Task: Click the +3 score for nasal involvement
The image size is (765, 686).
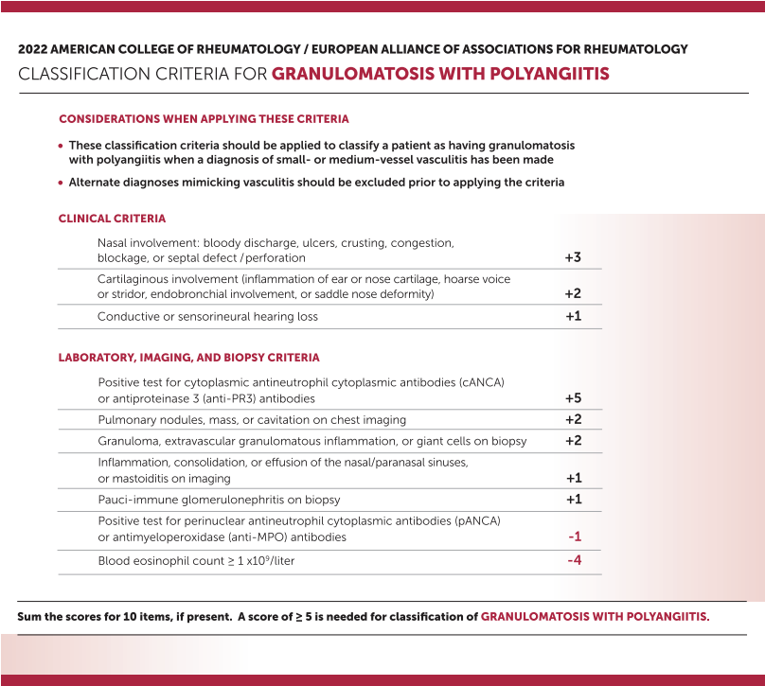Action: click(x=573, y=257)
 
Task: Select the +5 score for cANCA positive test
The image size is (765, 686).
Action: click(x=573, y=398)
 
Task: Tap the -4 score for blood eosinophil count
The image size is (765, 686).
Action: click(x=574, y=560)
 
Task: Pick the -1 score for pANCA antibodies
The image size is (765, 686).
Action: click(x=575, y=536)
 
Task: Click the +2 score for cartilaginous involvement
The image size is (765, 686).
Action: click(x=573, y=293)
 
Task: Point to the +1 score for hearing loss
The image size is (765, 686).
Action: click(x=573, y=316)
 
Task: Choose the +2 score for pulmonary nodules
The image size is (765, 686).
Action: click(x=573, y=419)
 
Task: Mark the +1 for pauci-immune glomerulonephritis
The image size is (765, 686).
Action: click(x=573, y=499)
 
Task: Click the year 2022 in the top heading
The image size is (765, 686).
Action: click(x=34, y=49)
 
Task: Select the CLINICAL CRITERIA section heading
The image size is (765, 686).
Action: click(x=112, y=219)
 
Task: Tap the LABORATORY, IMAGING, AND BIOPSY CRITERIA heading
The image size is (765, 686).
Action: click(x=188, y=358)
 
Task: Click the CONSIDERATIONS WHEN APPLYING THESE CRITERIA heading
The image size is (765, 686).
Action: click(x=204, y=119)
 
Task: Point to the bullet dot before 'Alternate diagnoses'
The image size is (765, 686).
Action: click(x=61, y=183)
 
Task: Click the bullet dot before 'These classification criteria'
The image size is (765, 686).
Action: click(x=61, y=147)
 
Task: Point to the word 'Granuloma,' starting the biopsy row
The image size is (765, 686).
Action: click(x=128, y=441)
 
